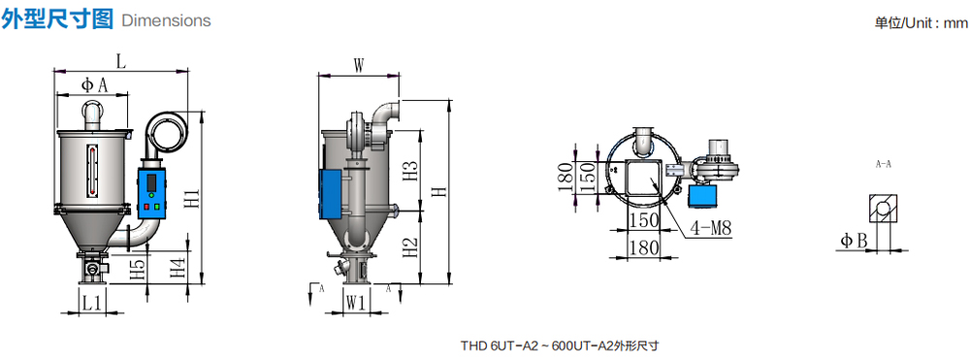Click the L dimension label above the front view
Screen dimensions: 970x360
click(x=120, y=62)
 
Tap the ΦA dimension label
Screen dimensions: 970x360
click(x=95, y=85)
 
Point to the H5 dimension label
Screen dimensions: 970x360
click(x=140, y=271)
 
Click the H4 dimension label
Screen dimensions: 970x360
click(x=178, y=269)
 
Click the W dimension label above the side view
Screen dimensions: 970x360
click(x=359, y=66)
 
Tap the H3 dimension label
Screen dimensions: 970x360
click(x=410, y=172)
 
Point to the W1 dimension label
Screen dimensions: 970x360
click(x=356, y=303)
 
